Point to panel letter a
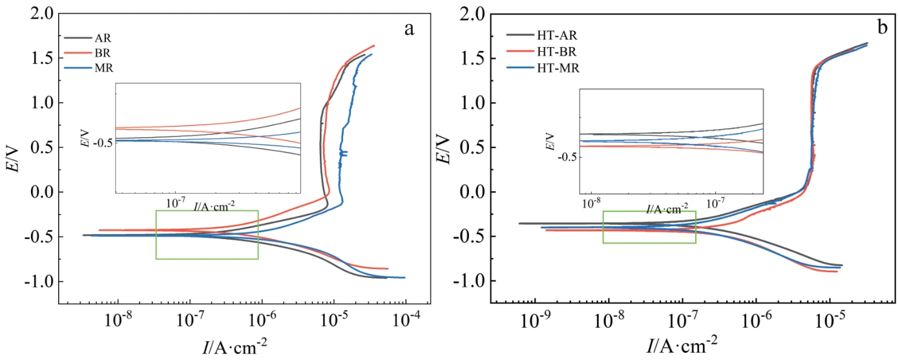[x=408, y=28]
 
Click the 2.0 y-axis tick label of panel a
[x=40, y=14]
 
